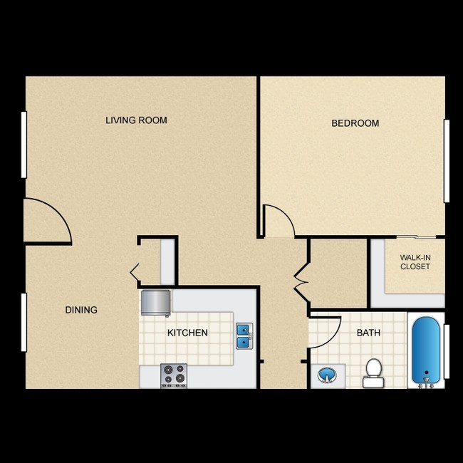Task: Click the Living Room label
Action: tap(136, 120)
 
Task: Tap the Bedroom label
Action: tap(355, 123)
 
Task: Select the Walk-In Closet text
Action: tap(415, 261)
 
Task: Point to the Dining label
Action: tap(81, 310)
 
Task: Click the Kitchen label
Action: tap(187, 333)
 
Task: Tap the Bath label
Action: tap(368, 333)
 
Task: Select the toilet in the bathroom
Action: tap(373, 372)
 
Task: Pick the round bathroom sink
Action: tap(326, 374)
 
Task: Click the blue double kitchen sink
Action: tap(244, 335)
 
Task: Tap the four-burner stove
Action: tap(173, 375)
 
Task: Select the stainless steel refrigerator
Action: tap(155, 303)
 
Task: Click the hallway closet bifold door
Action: tap(299, 281)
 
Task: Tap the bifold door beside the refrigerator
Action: tap(135, 271)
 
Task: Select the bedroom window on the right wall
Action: tap(447, 160)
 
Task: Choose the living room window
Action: tap(24, 145)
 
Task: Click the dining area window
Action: tap(24, 322)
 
